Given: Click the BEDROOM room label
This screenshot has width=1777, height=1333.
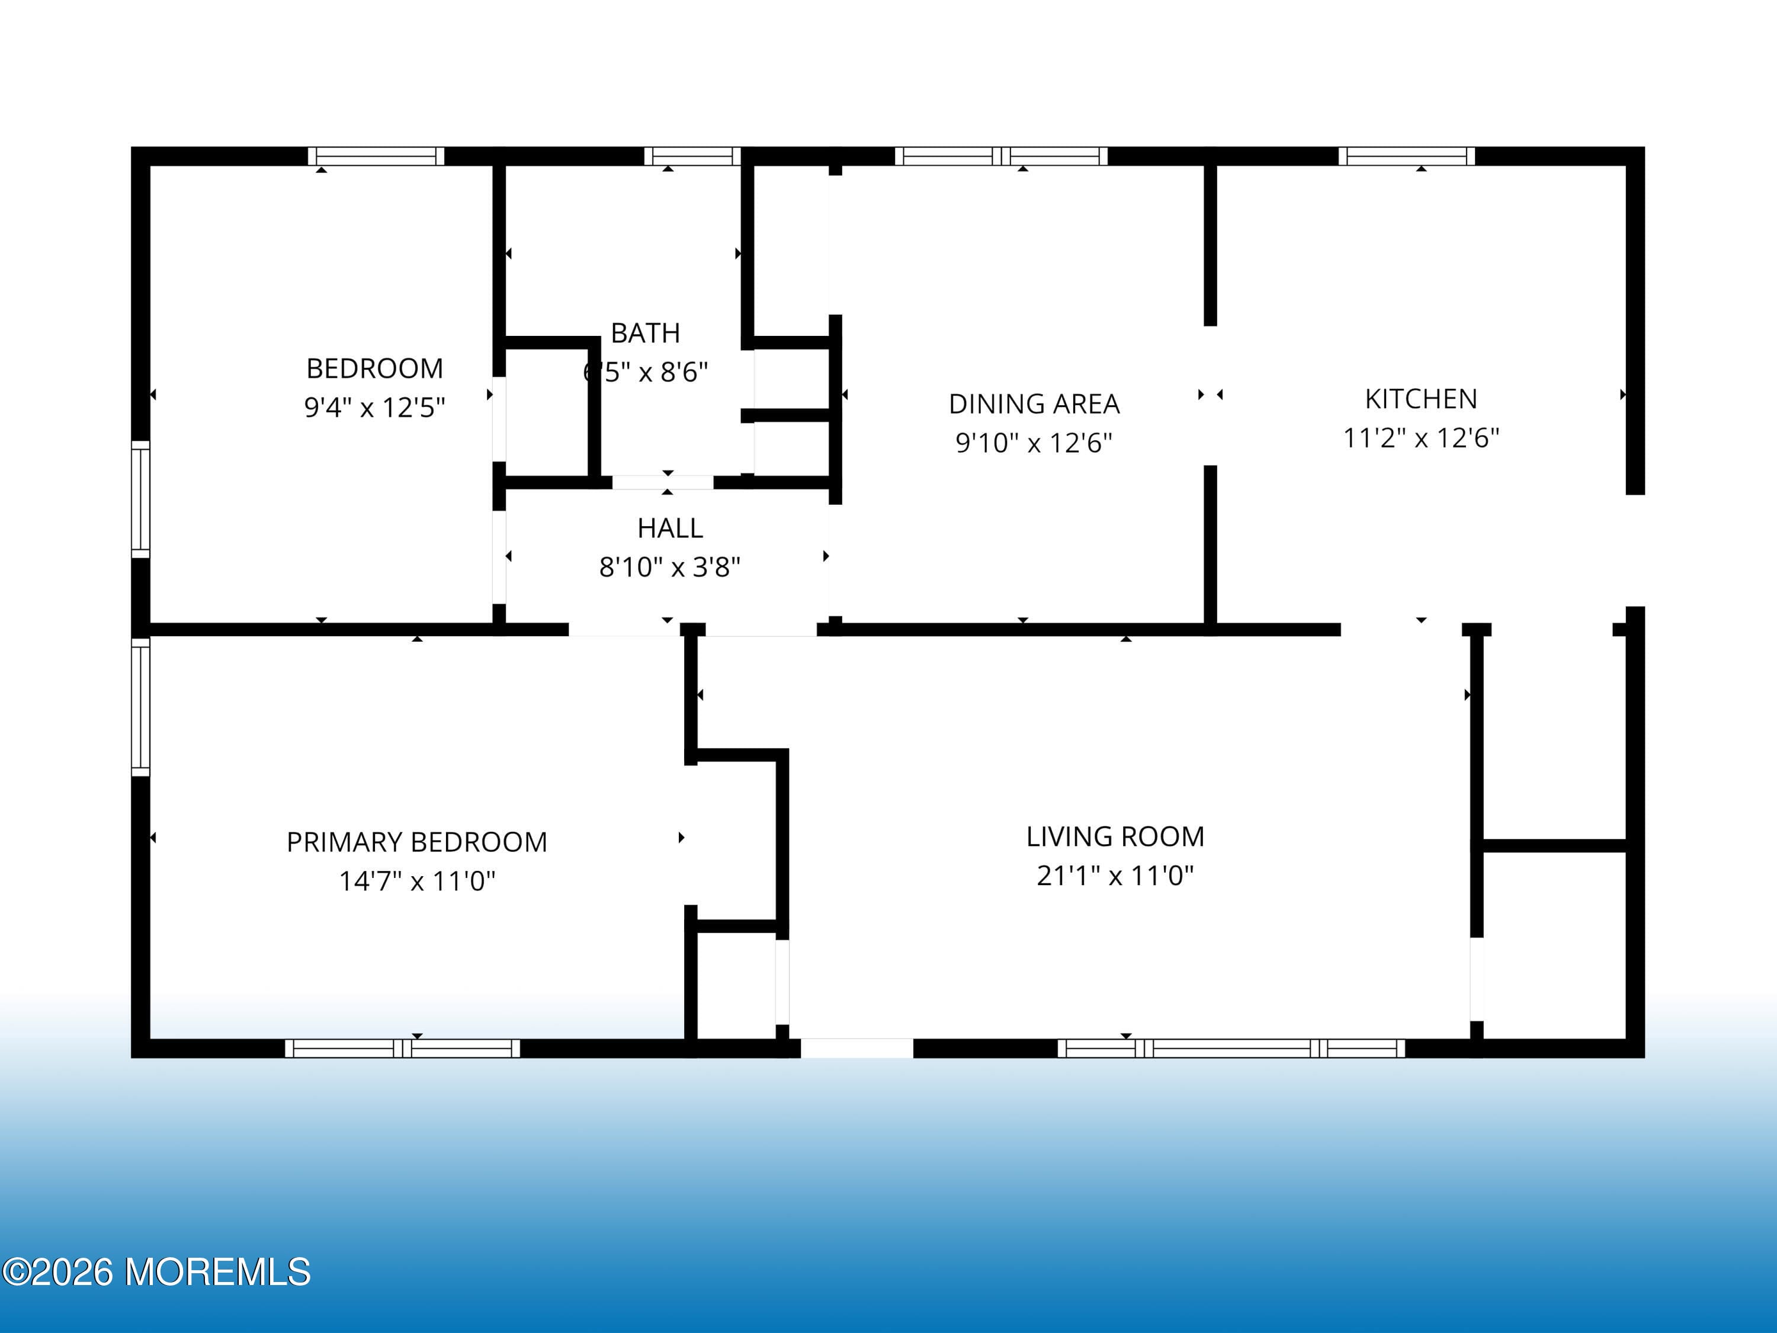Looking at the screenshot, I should [x=374, y=369].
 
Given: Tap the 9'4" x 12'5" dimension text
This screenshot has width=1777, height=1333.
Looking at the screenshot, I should [x=374, y=408].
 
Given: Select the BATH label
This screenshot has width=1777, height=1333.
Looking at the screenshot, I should [x=645, y=332].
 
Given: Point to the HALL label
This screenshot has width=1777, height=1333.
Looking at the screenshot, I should [x=670, y=528].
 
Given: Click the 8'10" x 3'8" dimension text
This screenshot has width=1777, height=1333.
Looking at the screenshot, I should [x=670, y=568].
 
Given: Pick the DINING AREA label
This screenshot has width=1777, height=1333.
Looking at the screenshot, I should [x=1034, y=404].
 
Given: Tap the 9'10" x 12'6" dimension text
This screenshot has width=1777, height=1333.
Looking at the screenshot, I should [x=1034, y=443].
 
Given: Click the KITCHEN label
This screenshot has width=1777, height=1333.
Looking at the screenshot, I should [x=1421, y=399].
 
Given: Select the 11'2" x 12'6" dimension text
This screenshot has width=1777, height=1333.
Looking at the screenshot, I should [x=1421, y=438].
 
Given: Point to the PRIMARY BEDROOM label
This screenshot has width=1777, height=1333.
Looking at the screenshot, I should [x=417, y=842].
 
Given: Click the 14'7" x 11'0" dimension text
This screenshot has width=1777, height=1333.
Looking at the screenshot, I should [x=417, y=882].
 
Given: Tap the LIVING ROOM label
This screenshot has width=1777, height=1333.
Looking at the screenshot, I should [x=1115, y=837].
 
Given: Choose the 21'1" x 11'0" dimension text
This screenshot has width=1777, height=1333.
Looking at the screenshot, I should [x=1115, y=875].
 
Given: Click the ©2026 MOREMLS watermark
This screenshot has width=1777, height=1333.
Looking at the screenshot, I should [x=156, y=1272].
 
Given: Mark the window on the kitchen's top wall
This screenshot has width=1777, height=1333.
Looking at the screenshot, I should [x=1407, y=156].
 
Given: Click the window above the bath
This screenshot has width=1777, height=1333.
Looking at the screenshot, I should [x=692, y=156].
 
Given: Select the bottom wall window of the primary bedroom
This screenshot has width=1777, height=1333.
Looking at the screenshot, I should [x=402, y=1049].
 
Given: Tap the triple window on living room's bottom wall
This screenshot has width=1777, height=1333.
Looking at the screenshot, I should [x=1231, y=1049].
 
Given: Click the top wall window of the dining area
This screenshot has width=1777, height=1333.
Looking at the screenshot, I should [x=1001, y=156].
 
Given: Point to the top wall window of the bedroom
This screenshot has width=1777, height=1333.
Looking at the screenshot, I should [x=376, y=156].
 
